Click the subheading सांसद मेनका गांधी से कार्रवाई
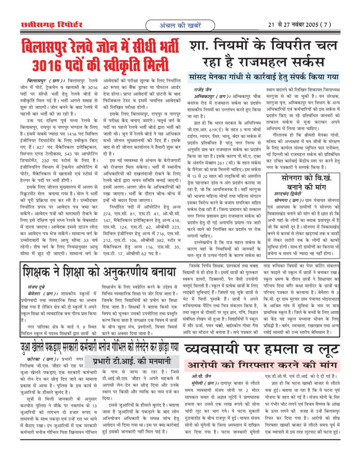(x=264, y=76)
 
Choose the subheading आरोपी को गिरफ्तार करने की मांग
(x=262, y=364)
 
